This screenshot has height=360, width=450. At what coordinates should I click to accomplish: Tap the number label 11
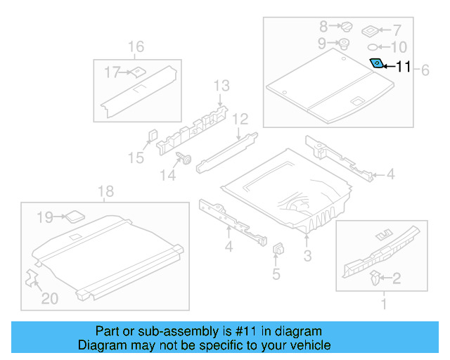(403, 67)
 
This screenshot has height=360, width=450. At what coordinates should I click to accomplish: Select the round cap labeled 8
(347, 27)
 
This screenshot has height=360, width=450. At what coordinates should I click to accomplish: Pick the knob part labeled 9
(345, 44)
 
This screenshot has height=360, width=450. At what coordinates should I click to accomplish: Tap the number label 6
(425, 70)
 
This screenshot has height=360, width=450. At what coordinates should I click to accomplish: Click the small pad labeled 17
(139, 70)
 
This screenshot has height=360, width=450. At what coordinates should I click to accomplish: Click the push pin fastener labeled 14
(187, 159)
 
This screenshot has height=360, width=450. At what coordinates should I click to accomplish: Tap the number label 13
(221, 86)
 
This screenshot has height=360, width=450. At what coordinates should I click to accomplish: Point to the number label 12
(240, 118)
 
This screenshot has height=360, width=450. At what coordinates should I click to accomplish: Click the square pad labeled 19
(74, 217)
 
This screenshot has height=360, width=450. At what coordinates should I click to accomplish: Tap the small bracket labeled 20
(32, 277)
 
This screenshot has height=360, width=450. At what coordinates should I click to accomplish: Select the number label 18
(105, 192)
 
